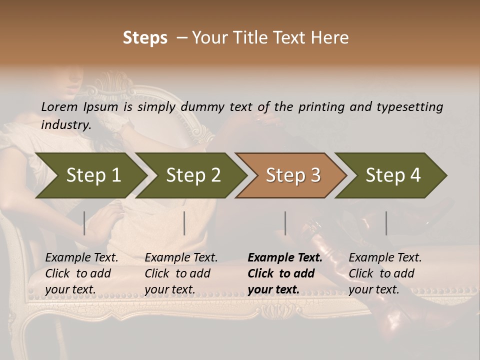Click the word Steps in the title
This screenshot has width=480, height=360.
[145, 38]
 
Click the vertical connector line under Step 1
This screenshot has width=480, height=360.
[84, 223]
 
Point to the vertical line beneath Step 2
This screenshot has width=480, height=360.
[184, 223]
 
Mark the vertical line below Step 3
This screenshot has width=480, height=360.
[285, 223]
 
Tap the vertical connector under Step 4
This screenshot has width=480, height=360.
[386, 223]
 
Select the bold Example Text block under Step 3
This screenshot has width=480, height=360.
[285, 273]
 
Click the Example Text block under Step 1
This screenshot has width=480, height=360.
[81, 273]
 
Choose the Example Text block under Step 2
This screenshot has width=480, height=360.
[181, 273]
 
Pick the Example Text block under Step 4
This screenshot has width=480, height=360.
[385, 273]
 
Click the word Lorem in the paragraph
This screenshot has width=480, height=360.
[59, 106]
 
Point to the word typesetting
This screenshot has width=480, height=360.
[408, 106]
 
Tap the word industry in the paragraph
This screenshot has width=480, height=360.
[65, 124]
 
